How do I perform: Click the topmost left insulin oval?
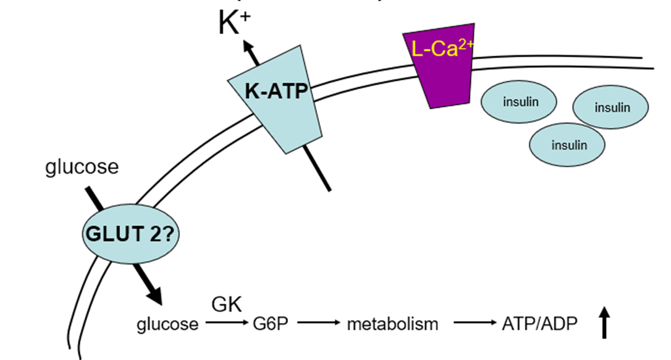click(518, 101)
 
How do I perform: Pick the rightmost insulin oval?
click(611, 107)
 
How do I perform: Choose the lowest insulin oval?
click(567, 144)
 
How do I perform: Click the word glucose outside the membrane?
click(82, 167)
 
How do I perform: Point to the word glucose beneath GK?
click(168, 324)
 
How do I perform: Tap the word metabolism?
click(392, 324)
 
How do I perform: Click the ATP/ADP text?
click(540, 324)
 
